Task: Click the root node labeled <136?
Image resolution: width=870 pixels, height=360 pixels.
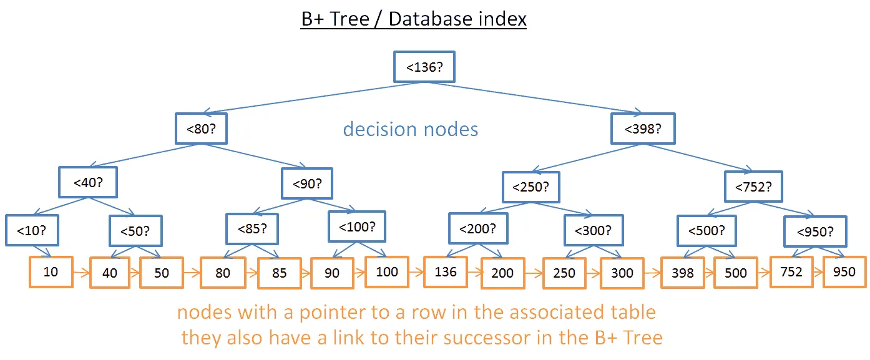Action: pos(424,67)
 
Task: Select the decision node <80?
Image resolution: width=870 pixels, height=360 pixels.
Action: pos(200,130)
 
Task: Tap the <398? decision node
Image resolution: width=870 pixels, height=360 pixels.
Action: pos(643,130)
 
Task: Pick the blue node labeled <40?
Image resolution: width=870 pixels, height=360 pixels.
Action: pos(88,183)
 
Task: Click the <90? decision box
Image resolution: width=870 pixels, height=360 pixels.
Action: pos(307,184)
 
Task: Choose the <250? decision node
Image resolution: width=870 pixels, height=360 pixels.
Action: pos(531,187)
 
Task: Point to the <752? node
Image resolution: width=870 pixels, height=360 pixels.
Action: pos(753,187)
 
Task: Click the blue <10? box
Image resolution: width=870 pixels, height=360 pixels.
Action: pos(31,231)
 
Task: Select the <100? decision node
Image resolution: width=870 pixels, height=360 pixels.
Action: pos(358,227)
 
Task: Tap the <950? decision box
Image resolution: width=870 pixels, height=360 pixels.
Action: pos(814,233)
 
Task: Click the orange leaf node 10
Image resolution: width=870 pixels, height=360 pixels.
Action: pos(51,271)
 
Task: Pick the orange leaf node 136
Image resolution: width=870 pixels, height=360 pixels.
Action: pos(446,271)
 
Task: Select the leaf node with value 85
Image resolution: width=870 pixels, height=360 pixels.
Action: pos(280,273)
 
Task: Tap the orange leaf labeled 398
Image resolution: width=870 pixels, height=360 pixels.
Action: pos(682,273)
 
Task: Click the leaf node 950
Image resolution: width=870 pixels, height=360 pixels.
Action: pos(844,271)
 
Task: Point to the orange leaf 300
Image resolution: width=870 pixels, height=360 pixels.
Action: pos(622,273)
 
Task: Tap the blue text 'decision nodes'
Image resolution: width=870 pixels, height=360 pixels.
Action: pos(411,129)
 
